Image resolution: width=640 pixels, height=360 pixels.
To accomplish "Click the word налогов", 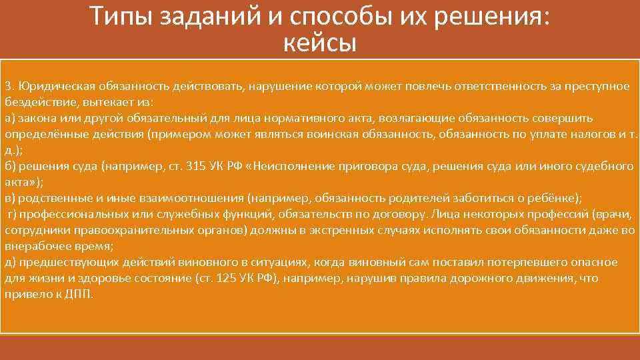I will pos(590,134).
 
